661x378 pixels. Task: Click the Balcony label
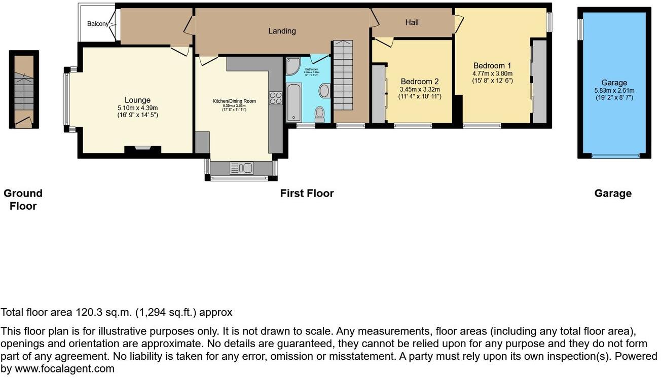(97, 24)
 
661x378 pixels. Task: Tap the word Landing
(282, 31)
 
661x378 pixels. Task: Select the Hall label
(412, 23)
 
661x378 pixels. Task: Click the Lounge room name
(138, 100)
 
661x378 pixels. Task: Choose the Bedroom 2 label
(419, 82)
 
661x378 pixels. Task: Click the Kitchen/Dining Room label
(234, 101)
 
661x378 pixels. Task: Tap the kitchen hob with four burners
(276, 98)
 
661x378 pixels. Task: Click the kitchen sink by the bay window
(241, 167)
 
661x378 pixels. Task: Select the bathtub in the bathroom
(294, 103)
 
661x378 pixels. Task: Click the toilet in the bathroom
(320, 114)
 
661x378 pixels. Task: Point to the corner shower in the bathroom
(293, 66)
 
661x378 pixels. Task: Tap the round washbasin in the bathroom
(324, 91)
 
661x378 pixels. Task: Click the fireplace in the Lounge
(142, 149)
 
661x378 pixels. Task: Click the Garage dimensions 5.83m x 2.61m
(614, 91)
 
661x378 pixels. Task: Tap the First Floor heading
(307, 193)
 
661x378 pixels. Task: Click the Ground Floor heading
(23, 200)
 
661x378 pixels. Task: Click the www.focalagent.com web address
(64, 369)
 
